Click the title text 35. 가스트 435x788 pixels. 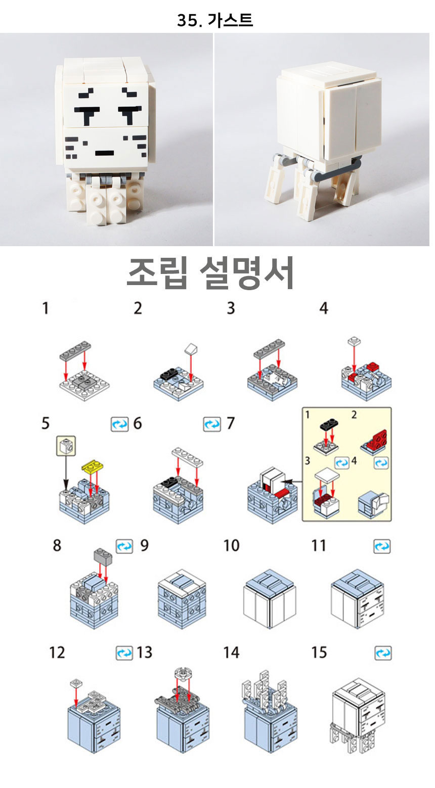pyautogui.click(x=214, y=20)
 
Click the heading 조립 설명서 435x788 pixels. pyautogui.click(x=210, y=273)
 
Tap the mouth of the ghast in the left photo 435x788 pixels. pyautogui.click(x=105, y=153)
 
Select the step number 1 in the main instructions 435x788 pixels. pyautogui.click(x=45, y=308)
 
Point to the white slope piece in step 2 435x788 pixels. pyautogui.click(x=191, y=349)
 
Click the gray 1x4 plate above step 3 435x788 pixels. pyautogui.click(x=270, y=348)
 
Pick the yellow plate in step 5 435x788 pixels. pyautogui.click(x=93, y=466)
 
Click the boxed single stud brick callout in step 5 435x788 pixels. pyautogui.click(x=66, y=446)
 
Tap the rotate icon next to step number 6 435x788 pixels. pyautogui.click(x=120, y=424)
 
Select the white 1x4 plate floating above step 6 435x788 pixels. pyautogui.click(x=187, y=457)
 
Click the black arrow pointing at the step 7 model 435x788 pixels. pyautogui.click(x=293, y=481)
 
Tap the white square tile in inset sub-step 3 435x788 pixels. pyautogui.click(x=327, y=476)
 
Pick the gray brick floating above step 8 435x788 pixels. pyautogui.click(x=103, y=556)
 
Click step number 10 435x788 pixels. pyautogui.click(x=231, y=545)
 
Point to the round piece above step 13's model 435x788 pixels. pyautogui.click(x=182, y=673)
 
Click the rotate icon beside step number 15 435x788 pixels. pyautogui.click(x=383, y=653)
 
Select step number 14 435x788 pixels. pyautogui.click(x=231, y=653)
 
